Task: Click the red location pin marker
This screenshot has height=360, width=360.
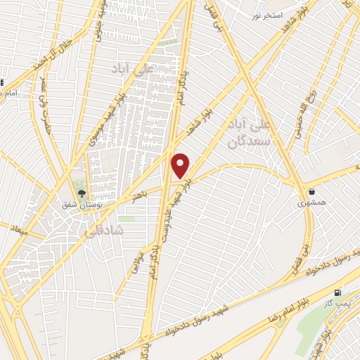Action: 181,165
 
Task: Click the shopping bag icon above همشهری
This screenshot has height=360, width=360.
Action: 311,191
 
